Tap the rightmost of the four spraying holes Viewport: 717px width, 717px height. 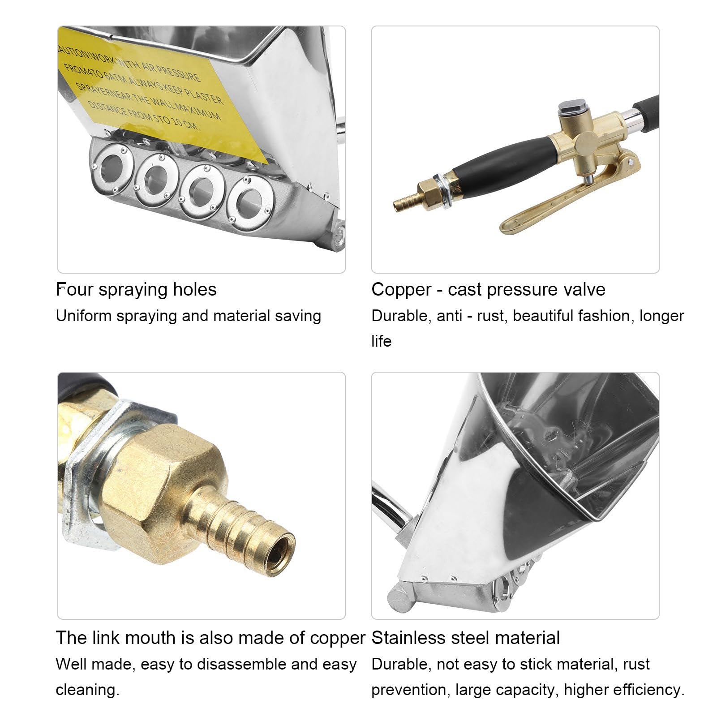point(251,199)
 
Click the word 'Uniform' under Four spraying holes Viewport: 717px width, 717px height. point(84,316)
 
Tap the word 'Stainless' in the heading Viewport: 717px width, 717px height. point(409,638)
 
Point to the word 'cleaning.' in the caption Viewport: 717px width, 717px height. point(88,690)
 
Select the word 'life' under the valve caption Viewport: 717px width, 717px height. point(382,341)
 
